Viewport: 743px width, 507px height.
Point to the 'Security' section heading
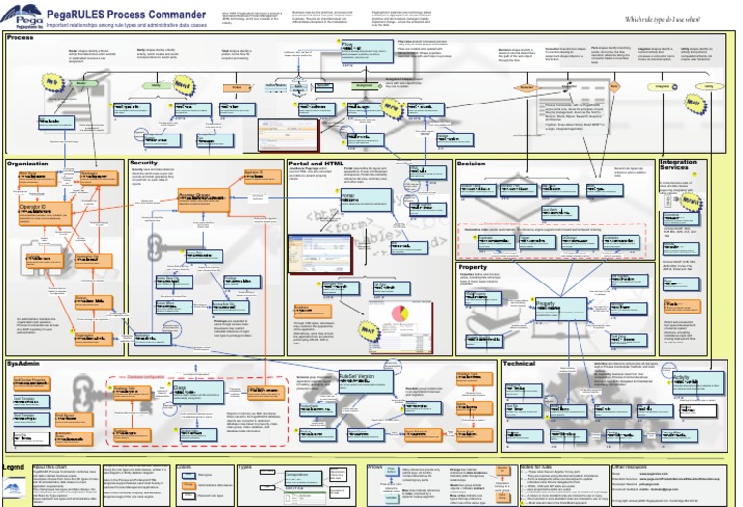(x=143, y=163)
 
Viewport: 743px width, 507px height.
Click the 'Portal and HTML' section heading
(x=316, y=164)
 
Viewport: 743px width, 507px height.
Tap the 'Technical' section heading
(x=520, y=363)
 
